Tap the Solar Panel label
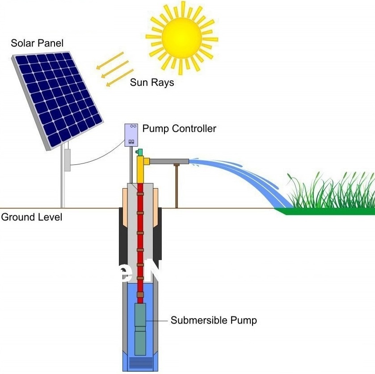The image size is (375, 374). pyautogui.click(x=37, y=43)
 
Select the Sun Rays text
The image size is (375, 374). pyautogui.click(x=152, y=83)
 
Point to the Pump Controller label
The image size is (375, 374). pyautogui.click(x=179, y=129)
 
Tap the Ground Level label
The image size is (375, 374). pyautogui.click(x=32, y=218)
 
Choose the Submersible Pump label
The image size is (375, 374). pyautogui.click(x=214, y=320)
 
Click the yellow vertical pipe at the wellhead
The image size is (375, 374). pyautogui.click(x=141, y=170)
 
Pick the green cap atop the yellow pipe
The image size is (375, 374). pyautogui.click(x=139, y=153)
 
